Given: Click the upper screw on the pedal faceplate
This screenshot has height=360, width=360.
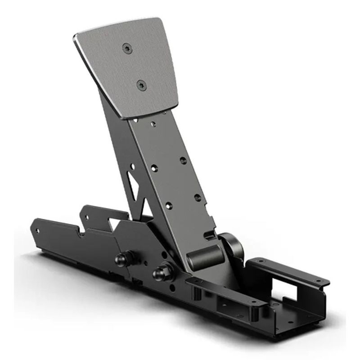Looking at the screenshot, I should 128,48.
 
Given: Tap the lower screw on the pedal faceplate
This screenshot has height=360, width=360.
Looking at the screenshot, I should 141,84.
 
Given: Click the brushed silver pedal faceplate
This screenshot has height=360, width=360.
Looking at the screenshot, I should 135,67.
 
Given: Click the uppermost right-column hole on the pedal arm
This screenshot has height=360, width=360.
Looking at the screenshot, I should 183,160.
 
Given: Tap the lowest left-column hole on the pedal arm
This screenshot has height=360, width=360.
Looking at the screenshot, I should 168,205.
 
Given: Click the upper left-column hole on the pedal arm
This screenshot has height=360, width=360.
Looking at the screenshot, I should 154,168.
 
